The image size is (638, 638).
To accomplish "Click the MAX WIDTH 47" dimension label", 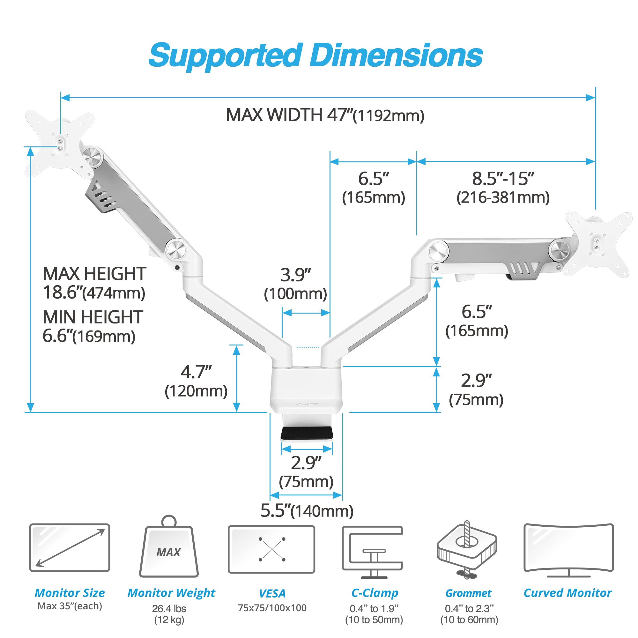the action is click(325, 115).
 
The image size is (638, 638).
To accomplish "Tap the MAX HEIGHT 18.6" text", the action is click(94, 283).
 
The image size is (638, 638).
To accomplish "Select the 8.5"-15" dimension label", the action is click(503, 188).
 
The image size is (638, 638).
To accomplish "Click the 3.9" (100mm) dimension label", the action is click(296, 284).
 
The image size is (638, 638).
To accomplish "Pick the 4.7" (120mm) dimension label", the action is click(196, 382).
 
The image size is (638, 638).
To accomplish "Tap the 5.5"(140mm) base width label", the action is click(307, 511).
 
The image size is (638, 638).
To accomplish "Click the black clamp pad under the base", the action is click(307, 433).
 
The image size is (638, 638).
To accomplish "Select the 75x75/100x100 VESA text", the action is click(272, 608).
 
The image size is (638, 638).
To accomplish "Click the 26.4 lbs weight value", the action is click(169, 609).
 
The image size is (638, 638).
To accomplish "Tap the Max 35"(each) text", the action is click(70, 606).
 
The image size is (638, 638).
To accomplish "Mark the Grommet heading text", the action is click(468, 593).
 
